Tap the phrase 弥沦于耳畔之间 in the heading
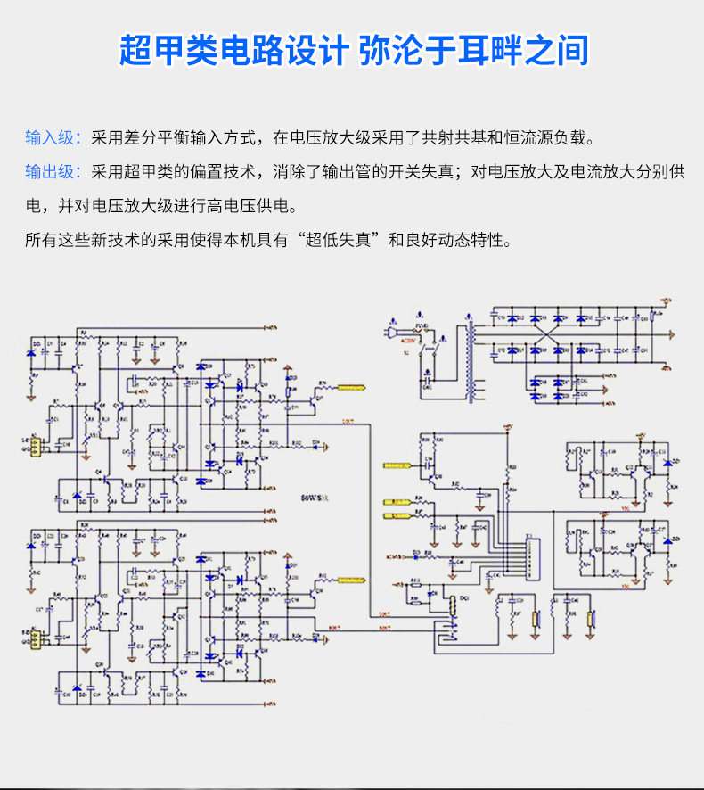[474, 50]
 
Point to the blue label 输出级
[53, 171]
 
